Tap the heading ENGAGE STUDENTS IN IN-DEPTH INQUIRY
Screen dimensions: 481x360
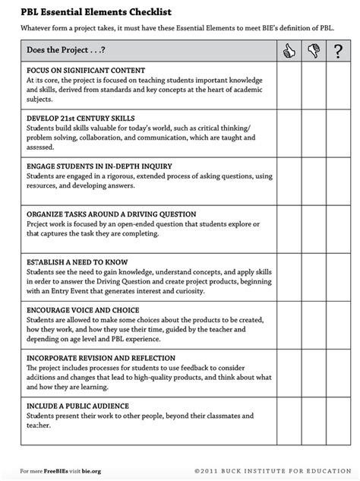pyautogui.click(x=99, y=166)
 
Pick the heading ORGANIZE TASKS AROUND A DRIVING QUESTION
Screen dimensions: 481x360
pyautogui.click(x=111, y=214)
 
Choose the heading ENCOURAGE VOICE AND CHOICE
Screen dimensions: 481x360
pyautogui.click(x=82, y=310)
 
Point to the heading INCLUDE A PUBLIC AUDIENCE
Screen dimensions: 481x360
pyautogui.click(x=77, y=406)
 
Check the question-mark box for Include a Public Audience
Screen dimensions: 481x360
pyautogui.click(x=338, y=421)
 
